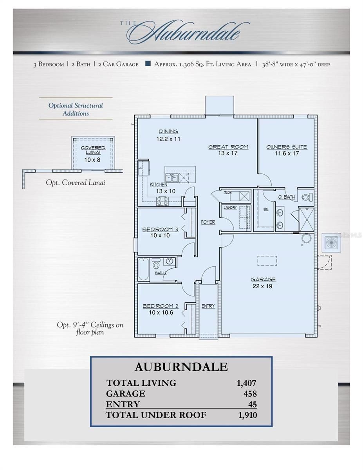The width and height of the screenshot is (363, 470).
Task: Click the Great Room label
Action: tap(228, 147)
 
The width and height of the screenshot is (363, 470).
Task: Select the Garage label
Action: tap(263, 280)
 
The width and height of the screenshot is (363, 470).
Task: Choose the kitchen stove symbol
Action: tap(163, 201)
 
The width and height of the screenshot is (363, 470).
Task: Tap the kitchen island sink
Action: tap(172, 179)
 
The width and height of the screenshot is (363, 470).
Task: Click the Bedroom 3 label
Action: tap(160, 230)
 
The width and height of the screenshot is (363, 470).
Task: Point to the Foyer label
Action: tap(208, 222)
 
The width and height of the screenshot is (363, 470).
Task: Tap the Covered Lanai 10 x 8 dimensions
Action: tap(92, 160)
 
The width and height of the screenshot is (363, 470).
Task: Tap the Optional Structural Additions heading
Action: tap(76, 109)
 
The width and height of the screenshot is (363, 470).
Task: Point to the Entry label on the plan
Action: tap(208, 306)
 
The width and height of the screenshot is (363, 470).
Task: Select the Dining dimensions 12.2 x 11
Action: tap(168, 139)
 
